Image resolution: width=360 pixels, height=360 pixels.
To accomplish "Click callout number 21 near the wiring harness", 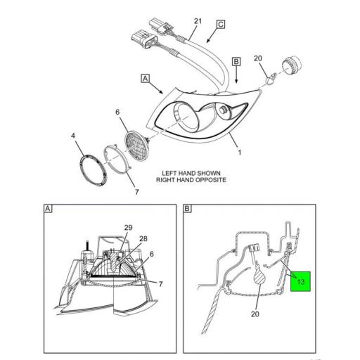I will pyautogui.click(x=198, y=22).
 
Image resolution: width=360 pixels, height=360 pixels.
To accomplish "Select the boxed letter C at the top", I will pyautogui.click(x=220, y=25).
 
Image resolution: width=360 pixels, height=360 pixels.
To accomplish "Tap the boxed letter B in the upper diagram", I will pyautogui.click(x=236, y=62).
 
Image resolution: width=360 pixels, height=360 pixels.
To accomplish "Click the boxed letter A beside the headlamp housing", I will pyautogui.click(x=146, y=79).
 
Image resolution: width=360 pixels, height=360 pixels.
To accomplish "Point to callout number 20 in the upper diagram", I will pyautogui.click(x=257, y=58).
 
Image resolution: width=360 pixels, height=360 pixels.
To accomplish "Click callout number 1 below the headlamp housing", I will pyautogui.click(x=239, y=152).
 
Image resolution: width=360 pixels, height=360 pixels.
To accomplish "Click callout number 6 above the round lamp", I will pyautogui.click(x=118, y=111).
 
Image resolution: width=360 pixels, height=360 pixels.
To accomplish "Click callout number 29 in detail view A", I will pyautogui.click(x=128, y=227).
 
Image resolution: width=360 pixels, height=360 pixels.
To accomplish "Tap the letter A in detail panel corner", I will pyautogui.click(x=48, y=209).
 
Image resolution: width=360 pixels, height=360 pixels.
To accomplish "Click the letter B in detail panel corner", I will pyautogui.click(x=188, y=209).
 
